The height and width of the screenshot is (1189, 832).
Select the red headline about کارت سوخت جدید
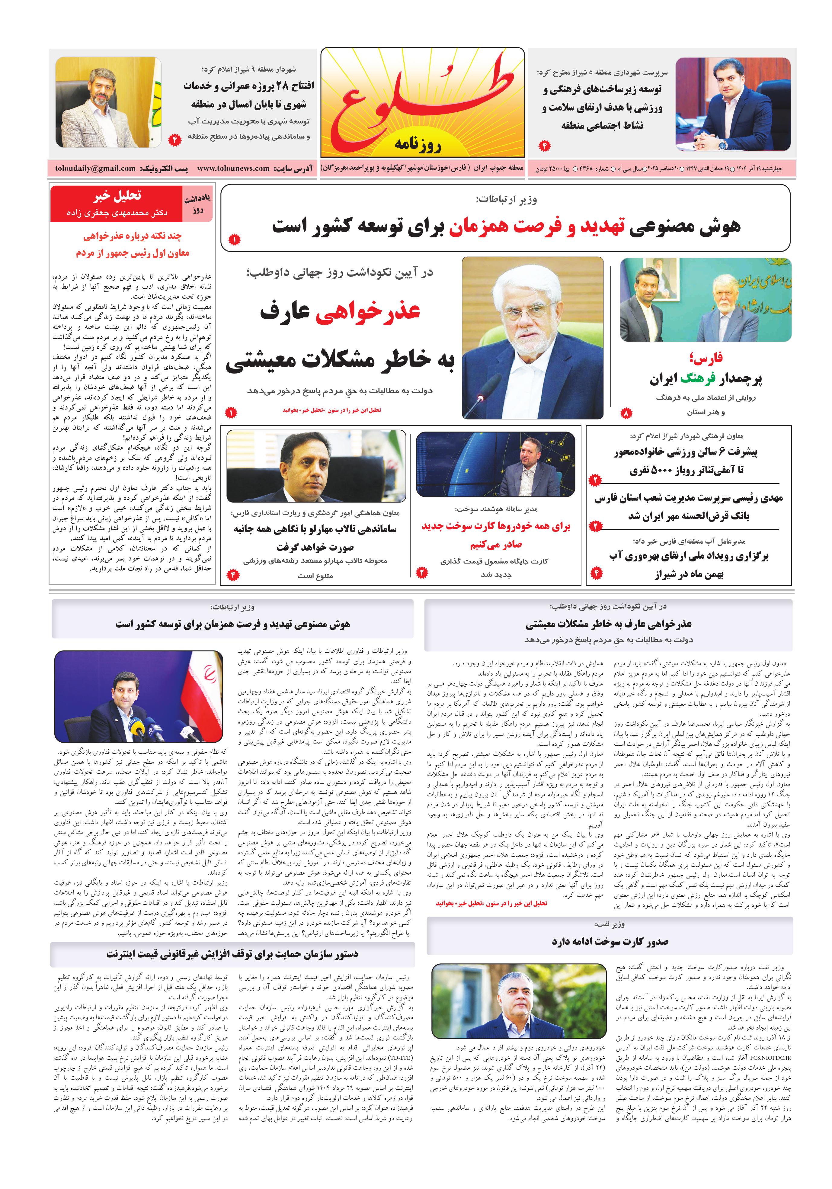click(x=496, y=535)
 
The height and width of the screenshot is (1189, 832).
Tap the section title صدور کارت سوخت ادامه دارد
click(x=610, y=942)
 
